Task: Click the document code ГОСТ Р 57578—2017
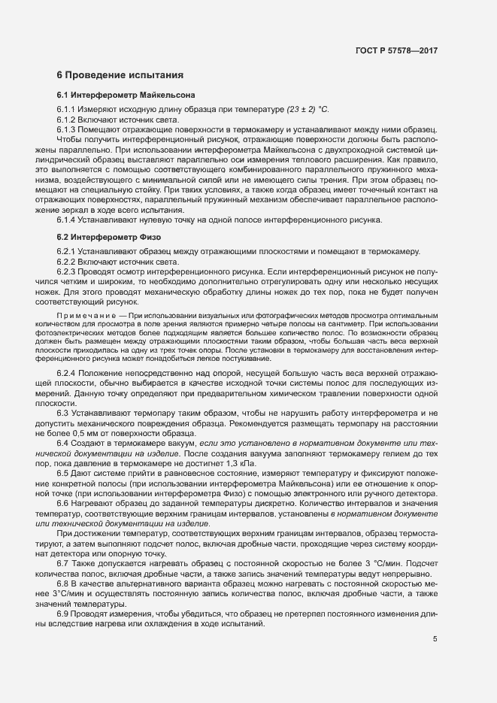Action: click(x=397, y=51)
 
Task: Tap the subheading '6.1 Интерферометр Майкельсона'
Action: click(x=126, y=97)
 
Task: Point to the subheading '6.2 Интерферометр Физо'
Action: click(x=109, y=238)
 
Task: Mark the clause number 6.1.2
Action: click(x=66, y=120)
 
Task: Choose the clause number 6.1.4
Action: click(x=66, y=220)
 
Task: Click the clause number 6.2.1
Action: click(x=66, y=250)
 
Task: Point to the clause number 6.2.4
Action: click(x=66, y=373)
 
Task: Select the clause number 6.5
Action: click(x=63, y=474)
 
